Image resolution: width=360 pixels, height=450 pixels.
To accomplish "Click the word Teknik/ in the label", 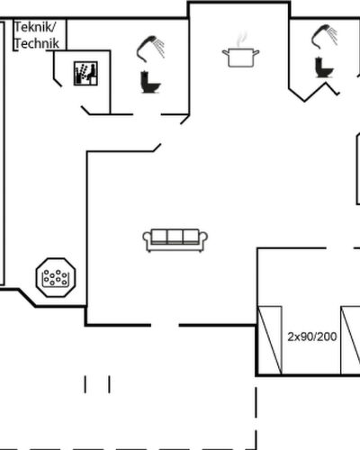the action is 35,27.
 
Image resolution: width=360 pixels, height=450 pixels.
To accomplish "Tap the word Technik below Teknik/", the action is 37,43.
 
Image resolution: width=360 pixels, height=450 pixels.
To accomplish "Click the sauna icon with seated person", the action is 85,73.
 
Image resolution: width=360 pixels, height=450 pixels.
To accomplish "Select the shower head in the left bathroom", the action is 150,49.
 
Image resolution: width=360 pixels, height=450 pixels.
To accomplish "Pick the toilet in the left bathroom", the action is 150,82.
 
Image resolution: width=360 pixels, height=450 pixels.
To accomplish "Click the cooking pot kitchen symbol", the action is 240,58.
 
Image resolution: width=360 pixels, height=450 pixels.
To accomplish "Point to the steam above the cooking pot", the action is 242,39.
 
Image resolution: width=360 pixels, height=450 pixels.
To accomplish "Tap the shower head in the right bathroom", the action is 324,37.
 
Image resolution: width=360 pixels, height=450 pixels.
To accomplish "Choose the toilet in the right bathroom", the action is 324,67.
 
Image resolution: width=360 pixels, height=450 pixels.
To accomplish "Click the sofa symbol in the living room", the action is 175,240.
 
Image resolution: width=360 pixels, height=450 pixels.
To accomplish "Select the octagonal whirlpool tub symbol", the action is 56,277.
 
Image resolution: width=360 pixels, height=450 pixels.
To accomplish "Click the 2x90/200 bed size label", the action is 312,337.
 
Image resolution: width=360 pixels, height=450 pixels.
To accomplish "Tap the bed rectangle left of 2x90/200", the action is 270,340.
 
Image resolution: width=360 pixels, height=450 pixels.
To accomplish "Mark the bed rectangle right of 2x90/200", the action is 350,340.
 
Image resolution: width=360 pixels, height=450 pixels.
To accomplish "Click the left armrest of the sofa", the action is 147,240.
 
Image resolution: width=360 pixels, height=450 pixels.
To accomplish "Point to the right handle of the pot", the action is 256,52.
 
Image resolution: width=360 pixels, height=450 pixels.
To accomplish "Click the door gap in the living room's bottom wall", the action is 165,325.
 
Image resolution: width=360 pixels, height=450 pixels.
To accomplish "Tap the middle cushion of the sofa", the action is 175,236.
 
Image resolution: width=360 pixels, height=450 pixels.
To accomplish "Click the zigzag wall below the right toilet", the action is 314,92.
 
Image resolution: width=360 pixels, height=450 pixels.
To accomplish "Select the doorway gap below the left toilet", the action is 147,114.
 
